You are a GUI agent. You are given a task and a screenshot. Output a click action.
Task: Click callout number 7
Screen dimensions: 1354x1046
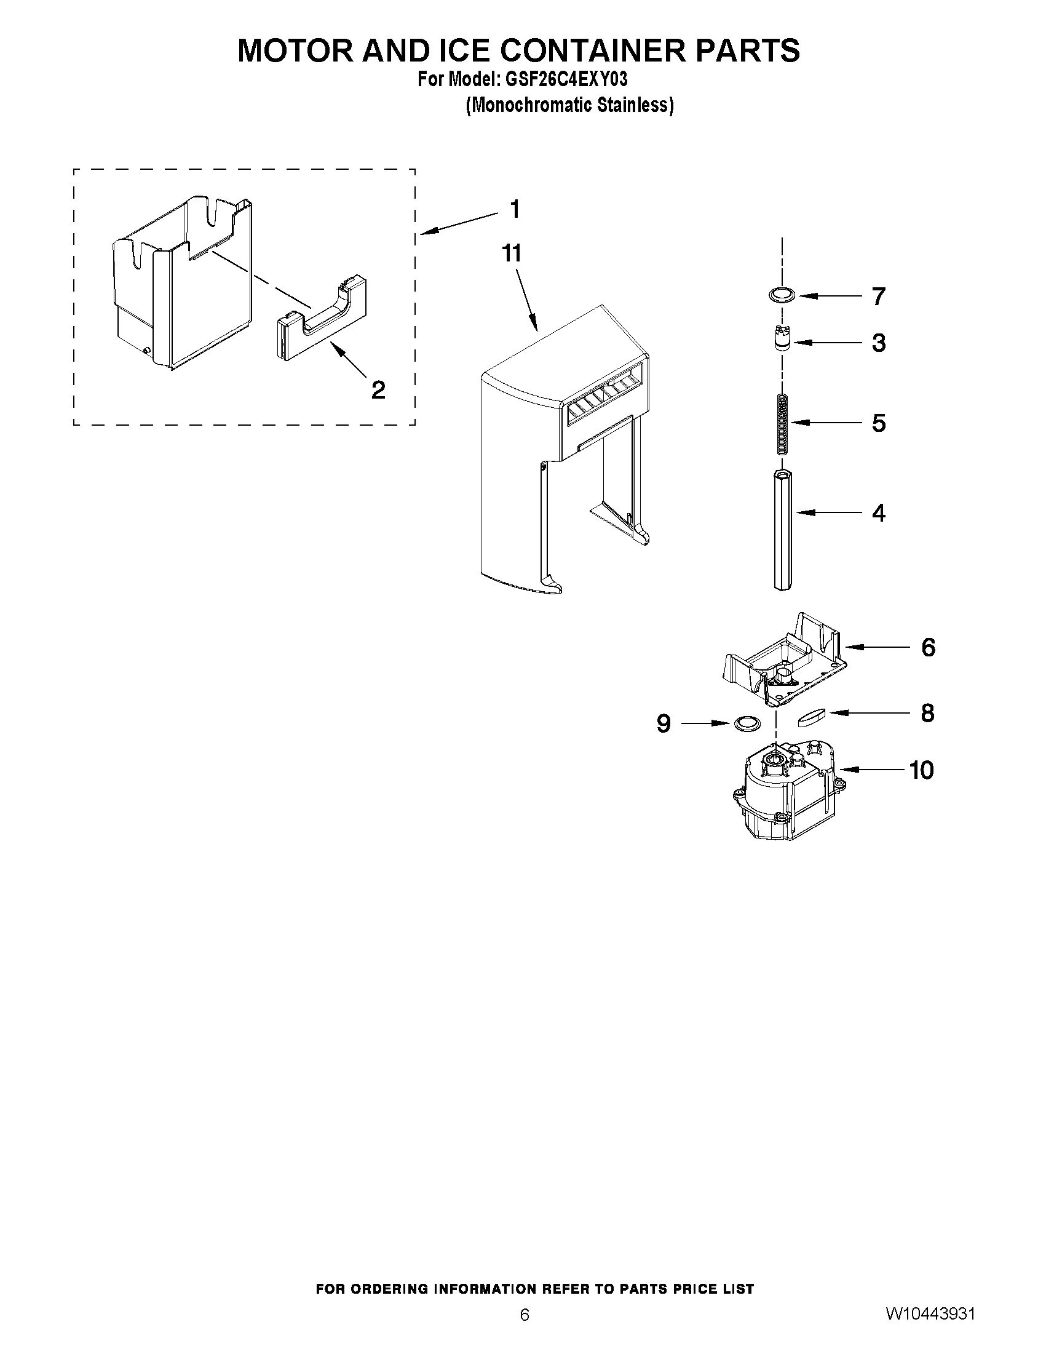click(x=879, y=297)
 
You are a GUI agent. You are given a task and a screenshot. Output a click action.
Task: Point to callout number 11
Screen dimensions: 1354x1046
click(x=512, y=253)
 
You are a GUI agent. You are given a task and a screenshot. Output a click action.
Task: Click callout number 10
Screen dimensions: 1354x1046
click(x=921, y=770)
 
